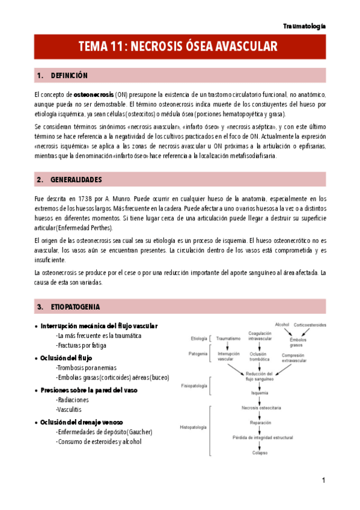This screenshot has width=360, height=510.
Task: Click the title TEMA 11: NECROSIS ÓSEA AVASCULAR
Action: [x=178, y=46]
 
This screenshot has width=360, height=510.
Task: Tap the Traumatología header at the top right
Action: [x=304, y=26]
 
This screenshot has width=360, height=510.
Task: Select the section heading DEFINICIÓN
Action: [x=69, y=76]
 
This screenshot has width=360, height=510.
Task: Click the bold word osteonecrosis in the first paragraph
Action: [x=93, y=94]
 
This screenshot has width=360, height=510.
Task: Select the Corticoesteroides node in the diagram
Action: [x=310, y=325]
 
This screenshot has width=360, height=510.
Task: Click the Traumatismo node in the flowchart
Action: [x=228, y=339]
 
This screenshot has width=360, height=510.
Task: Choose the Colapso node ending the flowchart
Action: [x=260, y=452]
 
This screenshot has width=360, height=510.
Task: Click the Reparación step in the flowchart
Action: [x=260, y=423]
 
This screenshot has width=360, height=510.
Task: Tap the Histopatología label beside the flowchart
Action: [x=193, y=428]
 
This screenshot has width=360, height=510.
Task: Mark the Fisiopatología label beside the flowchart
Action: [x=194, y=386]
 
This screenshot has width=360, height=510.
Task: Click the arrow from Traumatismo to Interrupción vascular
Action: [x=228, y=346]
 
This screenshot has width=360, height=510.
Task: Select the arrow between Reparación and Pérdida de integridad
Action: [x=260, y=430]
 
